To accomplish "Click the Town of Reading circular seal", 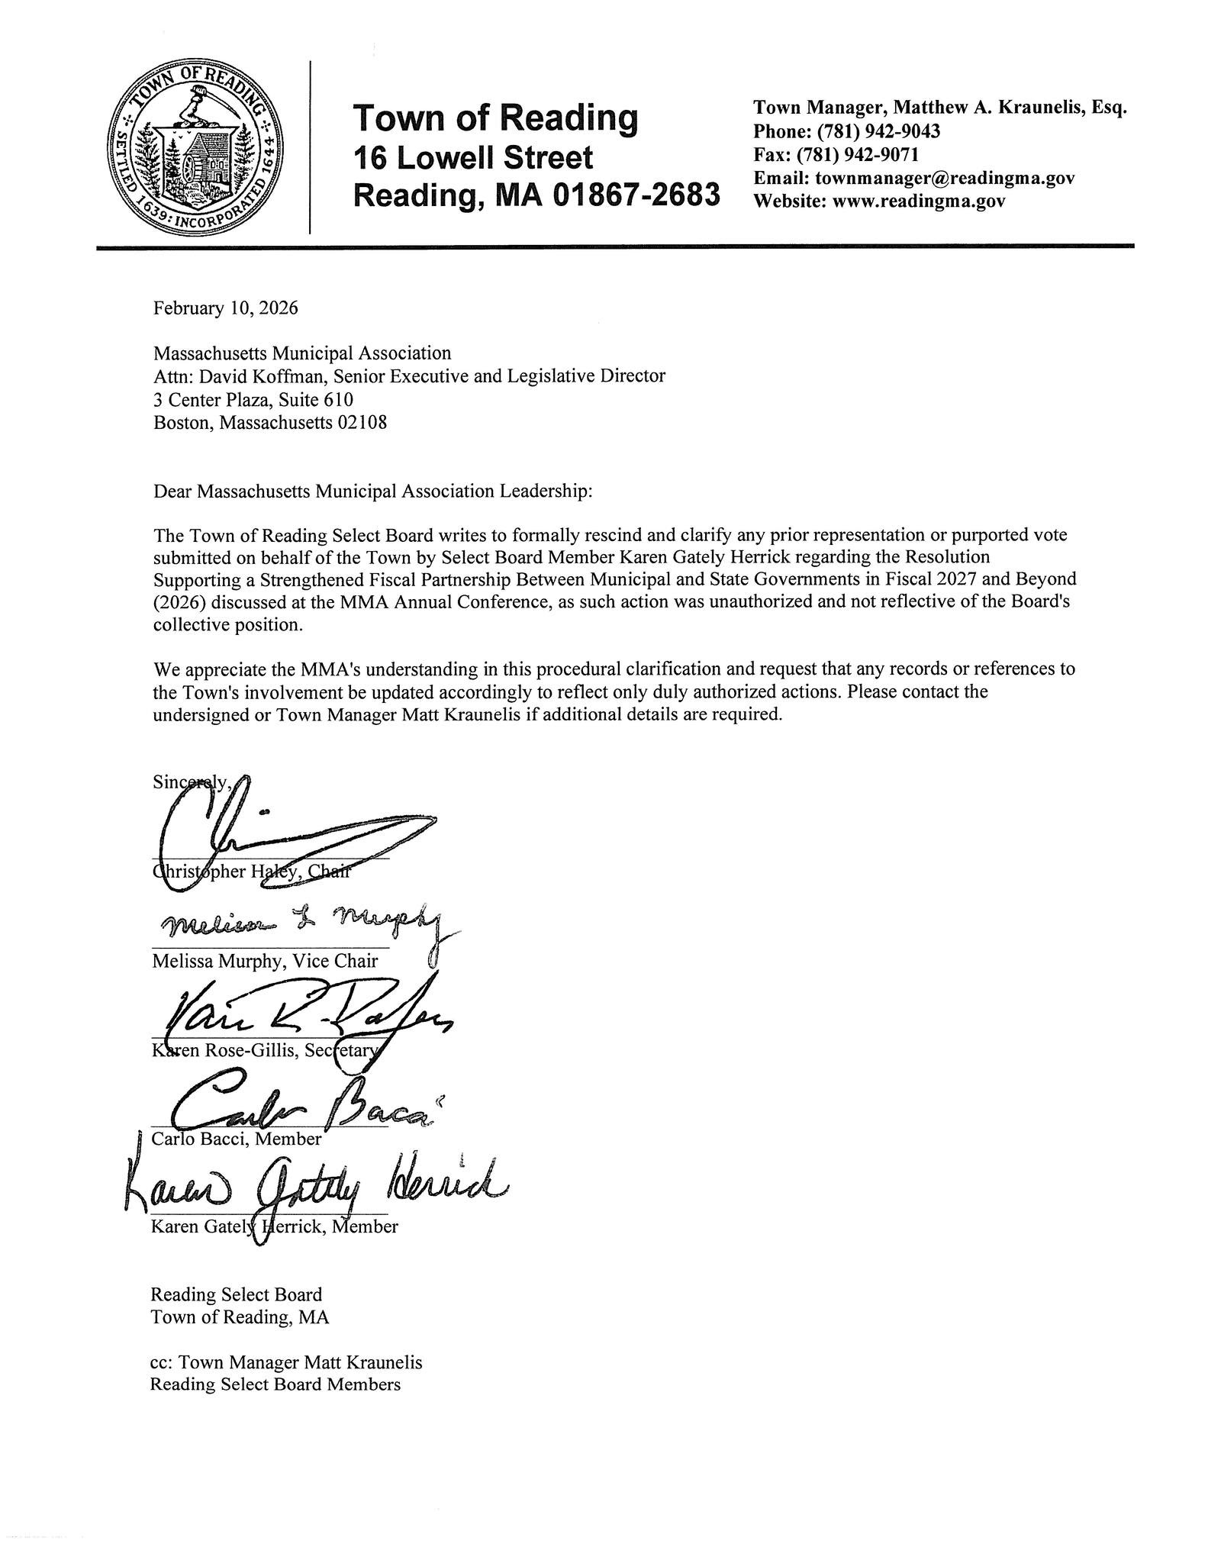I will [x=198, y=148].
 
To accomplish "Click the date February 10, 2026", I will [x=225, y=308].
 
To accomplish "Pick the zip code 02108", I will [x=361, y=422].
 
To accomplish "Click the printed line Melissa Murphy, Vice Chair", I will [x=265, y=961].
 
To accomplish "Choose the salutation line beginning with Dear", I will [x=372, y=491].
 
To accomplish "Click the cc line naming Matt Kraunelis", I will [x=286, y=1362].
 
